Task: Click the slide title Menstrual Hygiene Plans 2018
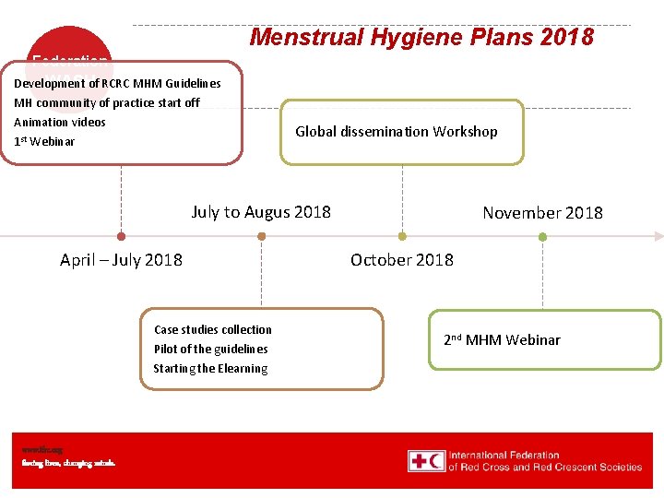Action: [421, 37]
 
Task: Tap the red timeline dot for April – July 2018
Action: [121, 236]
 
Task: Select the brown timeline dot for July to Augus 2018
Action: [261, 236]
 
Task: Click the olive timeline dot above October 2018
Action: [402, 236]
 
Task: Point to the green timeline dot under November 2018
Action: [542, 236]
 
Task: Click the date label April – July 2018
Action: [121, 260]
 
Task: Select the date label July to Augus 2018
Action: [261, 212]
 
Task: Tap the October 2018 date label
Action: [402, 260]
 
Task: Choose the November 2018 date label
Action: [542, 213]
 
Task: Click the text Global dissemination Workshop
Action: [396, 132]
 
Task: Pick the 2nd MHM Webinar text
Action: [502, 340]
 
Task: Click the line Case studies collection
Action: [213, 329]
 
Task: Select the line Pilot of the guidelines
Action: [211, 349]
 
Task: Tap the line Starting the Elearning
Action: [210, 369]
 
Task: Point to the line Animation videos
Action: [60, 122]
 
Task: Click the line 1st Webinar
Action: [44, 141]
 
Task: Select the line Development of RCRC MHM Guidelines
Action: [117, 83]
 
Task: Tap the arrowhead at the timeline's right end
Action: [658, 236]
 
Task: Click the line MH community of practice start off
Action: [106, 102]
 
